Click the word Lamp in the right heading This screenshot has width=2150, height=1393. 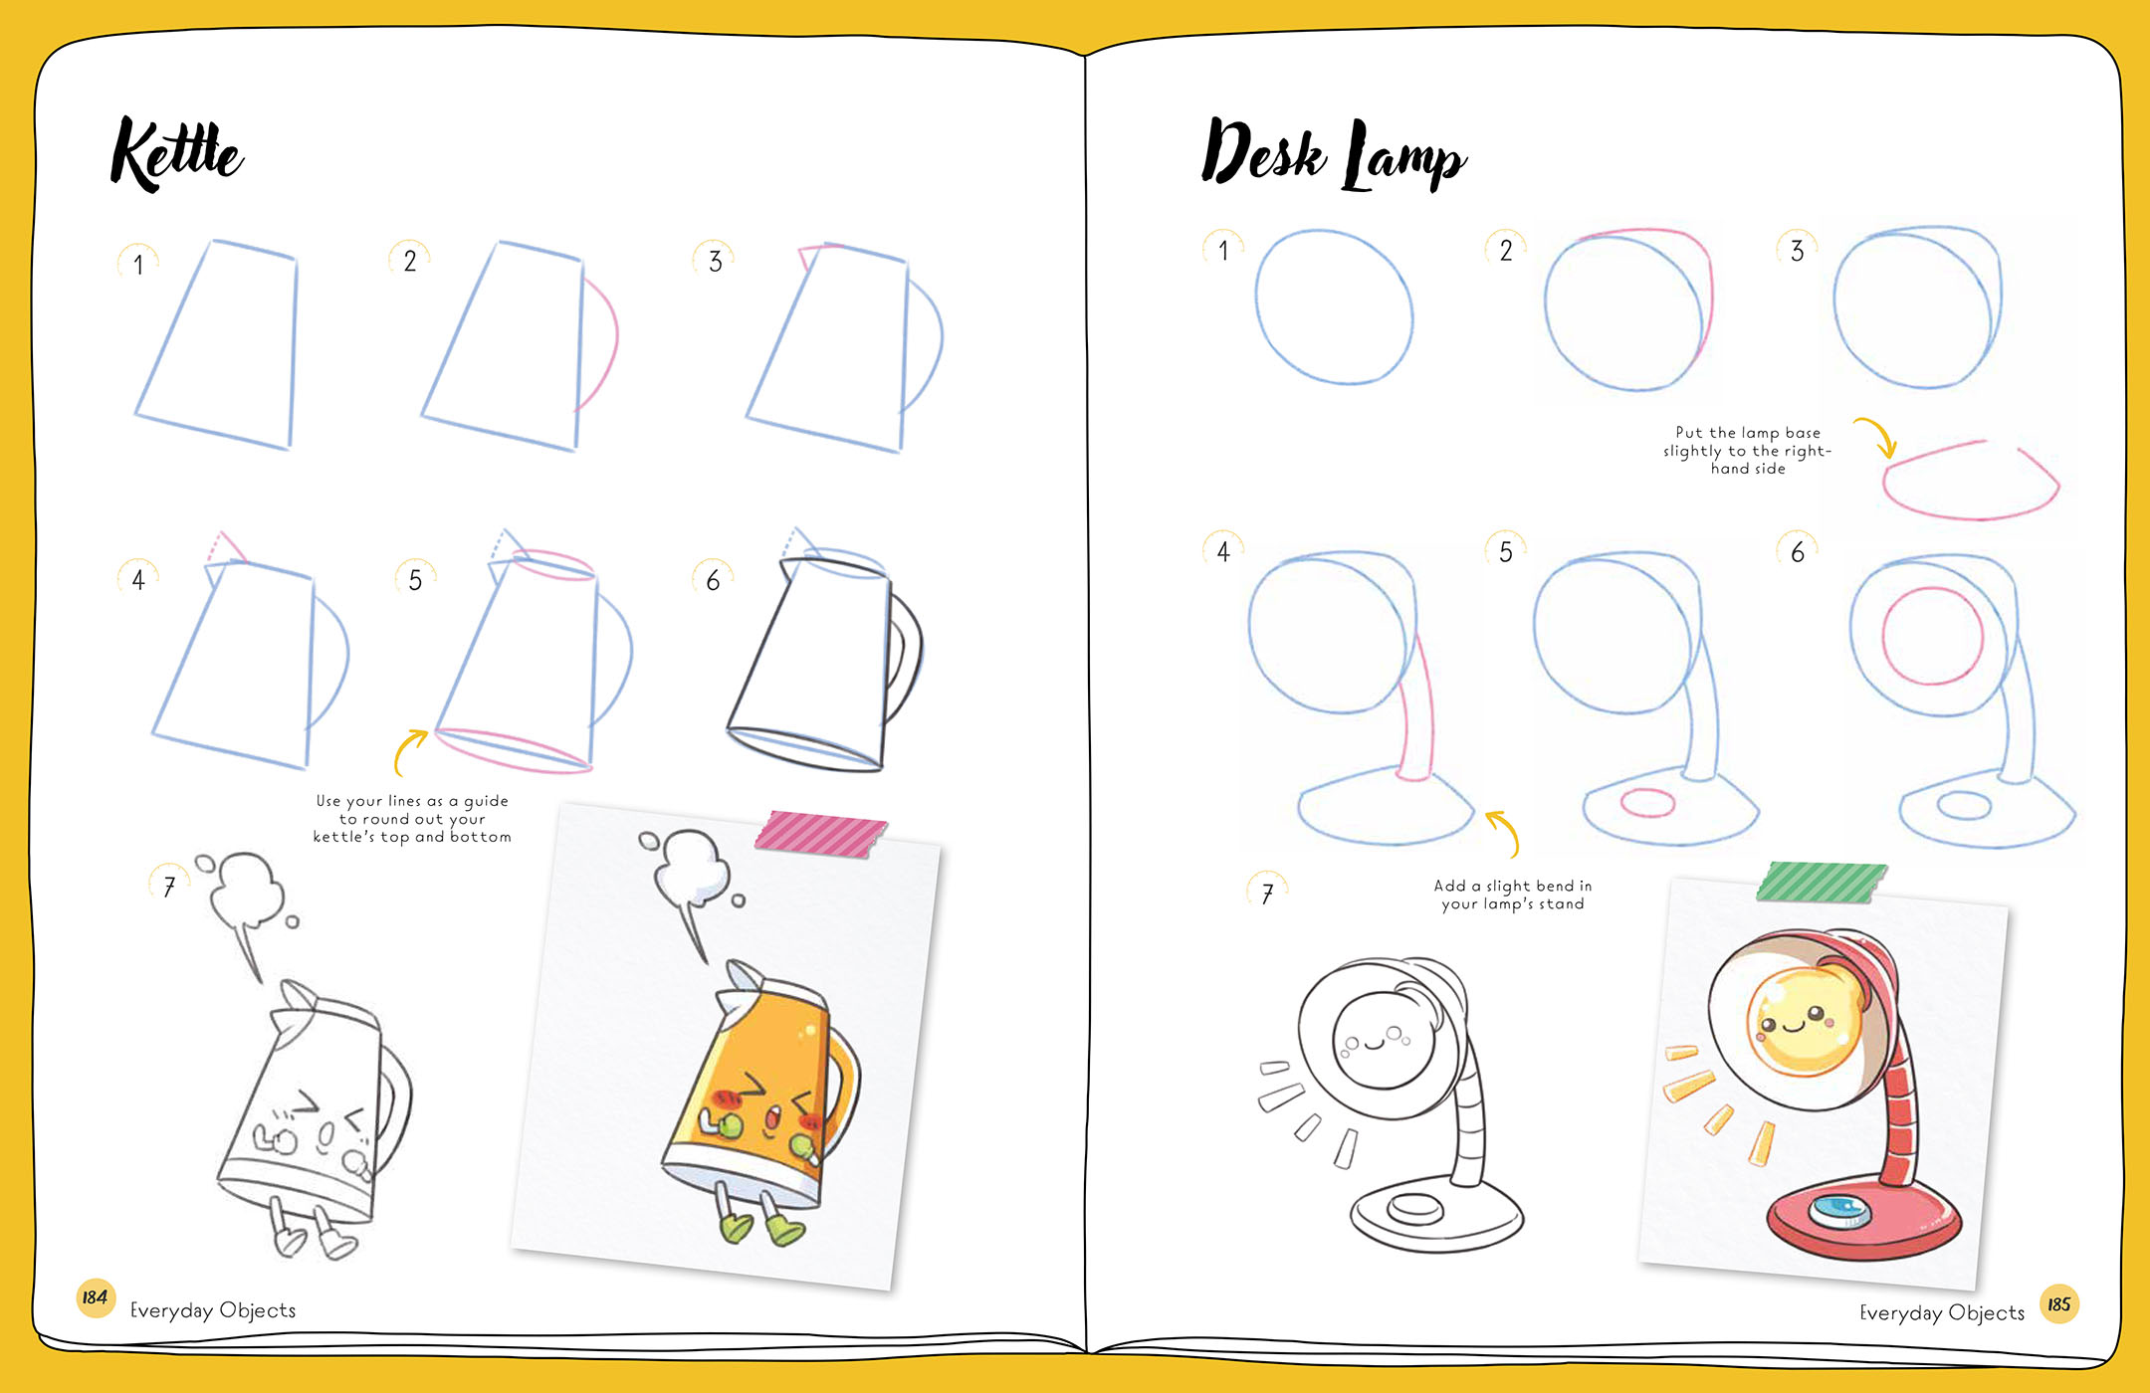1404,156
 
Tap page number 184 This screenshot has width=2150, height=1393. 96,1297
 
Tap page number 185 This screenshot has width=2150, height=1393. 2058,1303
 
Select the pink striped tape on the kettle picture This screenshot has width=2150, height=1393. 820,833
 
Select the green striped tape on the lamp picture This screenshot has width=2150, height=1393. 1822,883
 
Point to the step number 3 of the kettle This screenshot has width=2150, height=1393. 715,262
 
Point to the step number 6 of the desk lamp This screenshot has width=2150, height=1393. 1798,552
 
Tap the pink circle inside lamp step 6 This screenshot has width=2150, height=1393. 1933,636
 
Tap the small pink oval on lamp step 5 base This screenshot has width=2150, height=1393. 1647,802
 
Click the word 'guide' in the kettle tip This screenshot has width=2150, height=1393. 486,801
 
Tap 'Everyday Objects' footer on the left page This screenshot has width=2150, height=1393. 213,1310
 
